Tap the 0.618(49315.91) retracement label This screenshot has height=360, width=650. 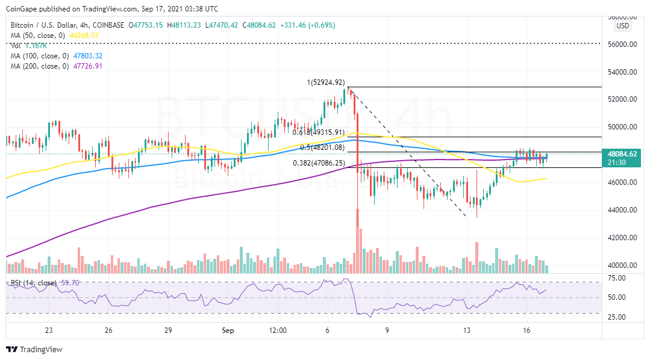click(x=318, y=132)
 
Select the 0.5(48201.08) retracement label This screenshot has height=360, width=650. click(x=323, y=147)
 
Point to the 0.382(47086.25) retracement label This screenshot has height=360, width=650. click(x=319, y=163)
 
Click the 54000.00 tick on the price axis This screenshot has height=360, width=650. click(x=622, y=72)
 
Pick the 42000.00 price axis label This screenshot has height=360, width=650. click(x=622, y=238)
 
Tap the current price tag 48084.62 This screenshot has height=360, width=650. click(x=622, y=154)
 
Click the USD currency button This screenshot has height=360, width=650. click(x=623, y=26)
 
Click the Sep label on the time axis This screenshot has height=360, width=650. click(x=227, y=331)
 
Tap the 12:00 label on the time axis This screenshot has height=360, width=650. click(x=278, y=331)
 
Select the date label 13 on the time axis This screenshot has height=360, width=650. click(x=467, y=331)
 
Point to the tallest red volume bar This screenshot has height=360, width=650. click(x=358, y=241)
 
